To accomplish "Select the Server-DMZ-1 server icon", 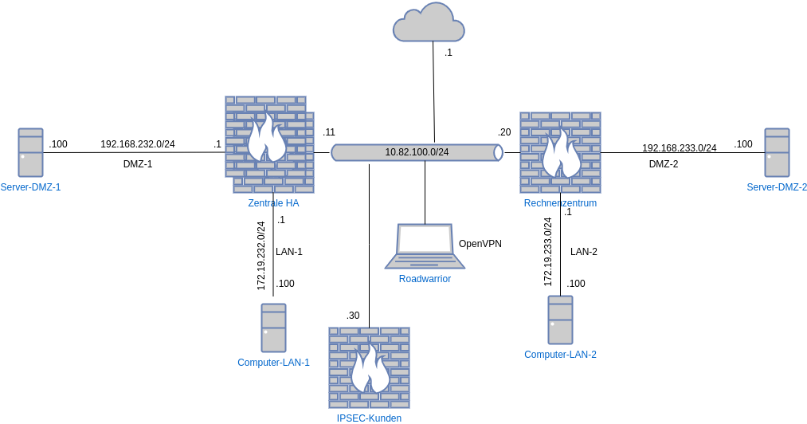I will click(30, 152).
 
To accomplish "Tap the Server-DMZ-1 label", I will click(30, 187).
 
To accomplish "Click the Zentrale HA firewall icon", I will click(269, 144).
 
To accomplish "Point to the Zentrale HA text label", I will click(273, 203).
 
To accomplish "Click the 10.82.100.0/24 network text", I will click(417, 152).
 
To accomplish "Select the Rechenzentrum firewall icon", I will click(560, 152).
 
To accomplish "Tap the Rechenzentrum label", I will click(560, 203).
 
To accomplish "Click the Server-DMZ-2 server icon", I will click(777, 152).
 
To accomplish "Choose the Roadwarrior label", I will click(425, 279).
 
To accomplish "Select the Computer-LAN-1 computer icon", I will click(273, 328).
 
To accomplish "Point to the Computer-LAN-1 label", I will click(273, 363).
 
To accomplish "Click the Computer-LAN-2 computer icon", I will click(560, 320).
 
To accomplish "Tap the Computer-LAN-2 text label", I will click(560, 355).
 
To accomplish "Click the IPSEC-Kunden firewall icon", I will click(369, 367).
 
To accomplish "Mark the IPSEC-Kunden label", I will click(369, 418).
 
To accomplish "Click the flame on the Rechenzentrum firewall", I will click(561, 155).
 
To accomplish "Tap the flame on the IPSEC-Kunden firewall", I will click(370, 370).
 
